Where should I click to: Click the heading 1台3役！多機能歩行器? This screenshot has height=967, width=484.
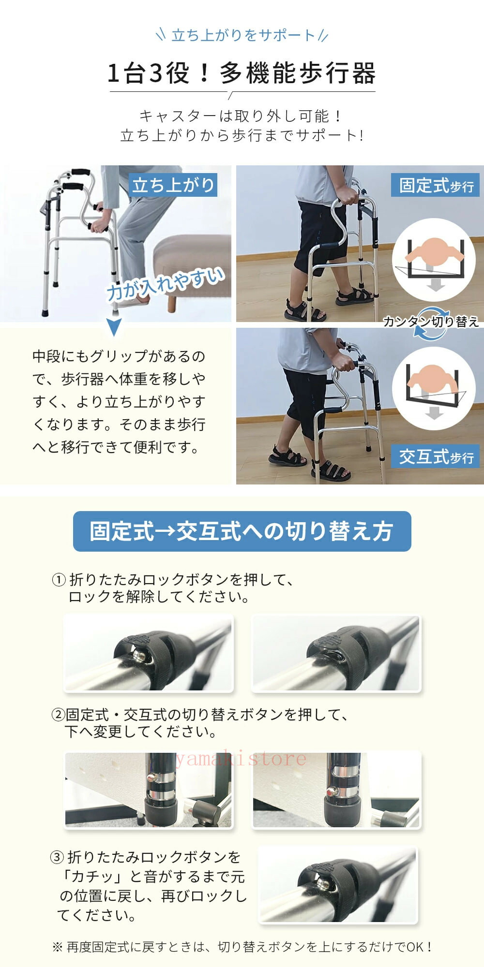pyautogui.click(x=242, y=73)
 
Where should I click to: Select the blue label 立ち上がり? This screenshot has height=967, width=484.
pyautogui.click(x=173, y=185)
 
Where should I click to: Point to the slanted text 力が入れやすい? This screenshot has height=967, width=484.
pyautogui.click(x=166, y=285)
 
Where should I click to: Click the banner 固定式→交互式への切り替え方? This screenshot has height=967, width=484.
pyautogui.click(x=242, y=531)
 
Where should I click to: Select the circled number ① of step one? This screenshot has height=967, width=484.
pyautogui.click(x=59, y=580)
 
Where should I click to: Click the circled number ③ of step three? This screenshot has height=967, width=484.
pyautogui.click(x=57, y=858)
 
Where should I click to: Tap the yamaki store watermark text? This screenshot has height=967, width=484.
pyautogui.click(x=241, y=759)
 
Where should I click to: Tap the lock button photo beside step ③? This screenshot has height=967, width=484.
pyautogui.click(x=338, y=885)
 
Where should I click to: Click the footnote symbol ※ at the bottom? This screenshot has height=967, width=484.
pyautogui.click(x=57, y=947)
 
